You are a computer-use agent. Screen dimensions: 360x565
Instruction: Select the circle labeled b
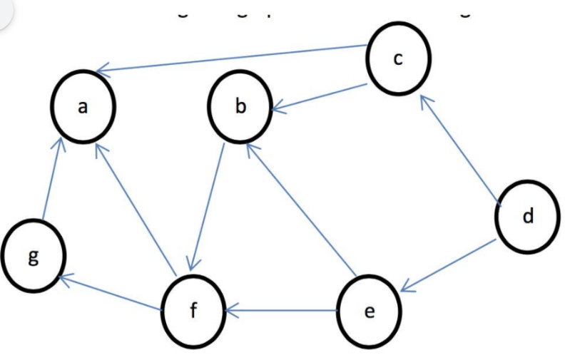tap(240, 108)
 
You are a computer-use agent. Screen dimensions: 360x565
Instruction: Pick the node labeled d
tap(527, 216)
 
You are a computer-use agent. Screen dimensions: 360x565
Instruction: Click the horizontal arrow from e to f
tap(282, 311)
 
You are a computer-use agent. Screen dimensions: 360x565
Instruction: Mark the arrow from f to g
tap(111, 293)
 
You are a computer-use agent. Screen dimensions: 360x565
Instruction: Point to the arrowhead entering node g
tap(63, 279)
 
